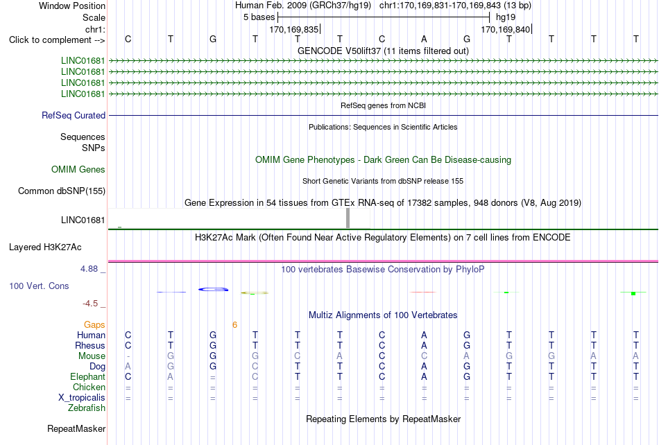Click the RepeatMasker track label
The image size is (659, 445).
tap(76, 428)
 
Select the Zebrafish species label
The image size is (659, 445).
tap(87, 408)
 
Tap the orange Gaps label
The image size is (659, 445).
tap(94, 324)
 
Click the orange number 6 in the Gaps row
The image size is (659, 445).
tap(234, 324)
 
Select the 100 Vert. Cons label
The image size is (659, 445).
tap(39, 286)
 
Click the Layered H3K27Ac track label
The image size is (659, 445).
tap(45, 247)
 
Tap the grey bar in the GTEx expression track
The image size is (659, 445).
tap(348, 218)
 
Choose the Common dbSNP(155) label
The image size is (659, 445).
tap(62, 191)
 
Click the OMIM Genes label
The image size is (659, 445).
tap(78, 169)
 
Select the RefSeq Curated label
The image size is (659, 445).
tap(74, 115)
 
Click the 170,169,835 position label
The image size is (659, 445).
tap(294, 29)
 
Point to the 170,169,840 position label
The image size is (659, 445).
tap(505, 29)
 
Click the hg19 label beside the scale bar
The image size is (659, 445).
tap(506, 17)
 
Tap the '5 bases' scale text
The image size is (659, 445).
tap(259, 17)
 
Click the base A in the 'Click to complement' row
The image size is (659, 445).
tap(424, 39)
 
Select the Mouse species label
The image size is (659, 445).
tap(92, 356)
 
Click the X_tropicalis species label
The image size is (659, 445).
tap(82, 398)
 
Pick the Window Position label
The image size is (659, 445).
tap(72, 6)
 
